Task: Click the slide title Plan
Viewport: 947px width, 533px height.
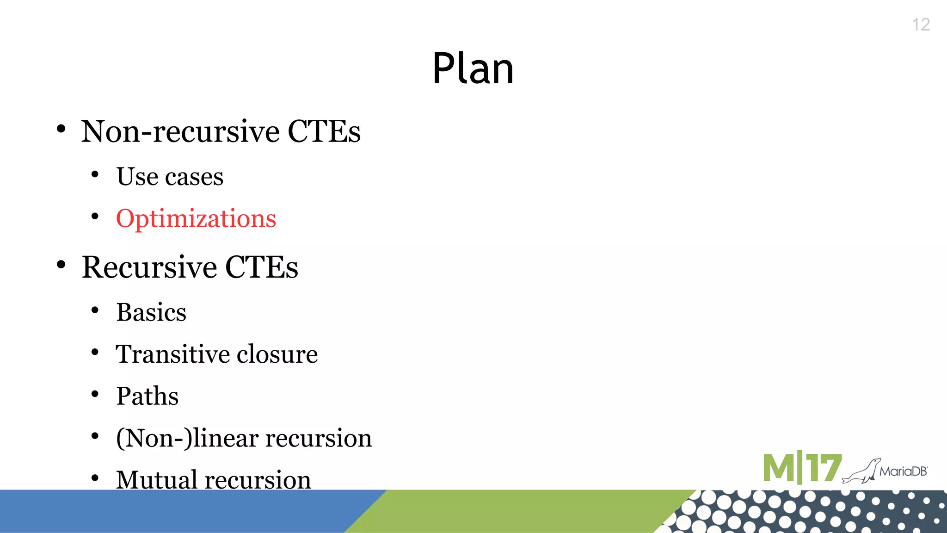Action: tap(473, 68)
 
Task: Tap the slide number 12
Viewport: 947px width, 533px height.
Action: tap(921, 25)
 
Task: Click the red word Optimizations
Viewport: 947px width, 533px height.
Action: tap(196, 218)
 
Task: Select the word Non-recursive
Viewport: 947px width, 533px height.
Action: tap(180, 131)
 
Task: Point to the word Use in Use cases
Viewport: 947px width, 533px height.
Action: tap(137, 176)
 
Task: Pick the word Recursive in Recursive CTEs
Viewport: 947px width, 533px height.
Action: tap(149, 267)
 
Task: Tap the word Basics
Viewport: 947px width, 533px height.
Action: tap(151, 312)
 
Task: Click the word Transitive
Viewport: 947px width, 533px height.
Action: tap(172, 354)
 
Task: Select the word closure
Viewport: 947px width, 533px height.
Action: tap(277, 354)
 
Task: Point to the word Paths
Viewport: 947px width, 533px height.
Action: tap(147, 396)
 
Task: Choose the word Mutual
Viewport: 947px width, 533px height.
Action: tap(156, 480)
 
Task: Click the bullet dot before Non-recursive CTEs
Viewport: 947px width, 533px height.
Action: tap(61, 129)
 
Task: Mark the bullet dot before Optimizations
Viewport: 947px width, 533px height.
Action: tap(95, 216)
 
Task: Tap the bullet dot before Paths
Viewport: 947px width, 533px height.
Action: tap(95, 394)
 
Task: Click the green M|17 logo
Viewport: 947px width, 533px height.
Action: tap(802, 468)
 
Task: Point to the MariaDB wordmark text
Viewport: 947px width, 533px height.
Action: tap(903, 471)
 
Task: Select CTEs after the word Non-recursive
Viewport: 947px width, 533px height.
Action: tap(324, 131)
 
